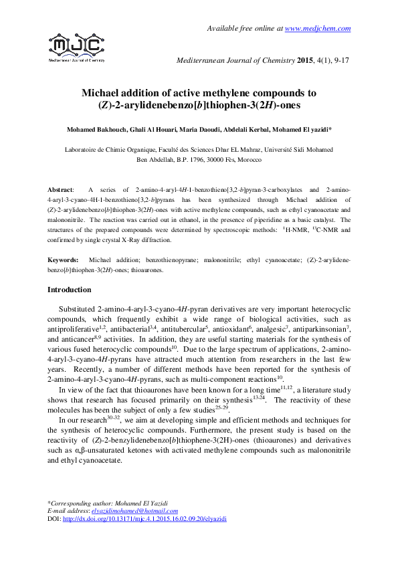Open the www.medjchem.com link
tap(318, 27)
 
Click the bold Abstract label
tap(62, 191)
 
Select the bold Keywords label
tap(64, 259)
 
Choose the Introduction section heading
tap(69, 290)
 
